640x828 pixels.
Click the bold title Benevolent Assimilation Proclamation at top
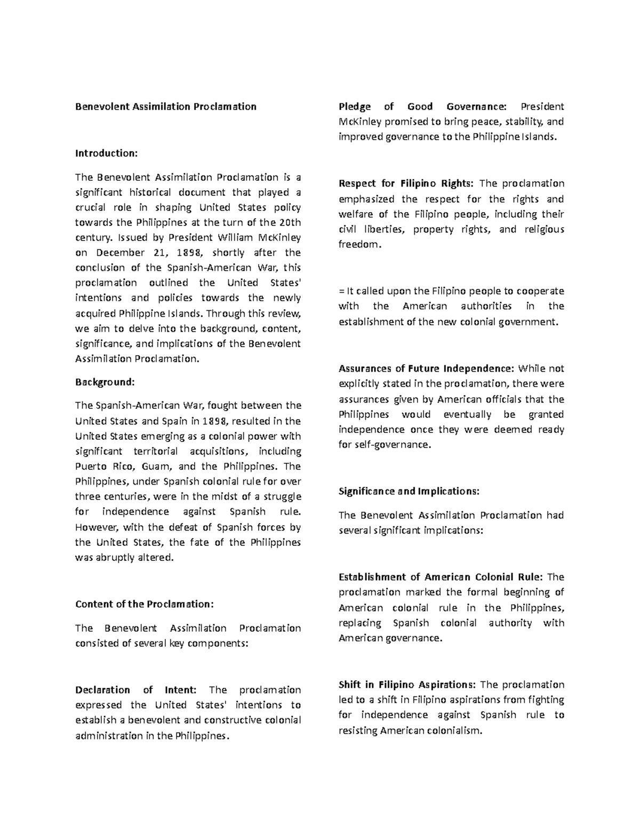(x=165, y=107)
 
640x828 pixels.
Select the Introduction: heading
(x=106, y=154)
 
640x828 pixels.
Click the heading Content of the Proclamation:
(x=144, y=604)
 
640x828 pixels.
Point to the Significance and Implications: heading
(x=409, y=491)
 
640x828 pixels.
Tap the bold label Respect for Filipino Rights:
(x=405, y=184)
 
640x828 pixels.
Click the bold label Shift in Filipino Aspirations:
(x=408, y=685)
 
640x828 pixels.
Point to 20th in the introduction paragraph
(x=290, y=222)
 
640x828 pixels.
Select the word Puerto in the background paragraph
(x=93, y=467)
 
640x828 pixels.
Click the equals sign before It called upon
(x=341, y=291)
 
